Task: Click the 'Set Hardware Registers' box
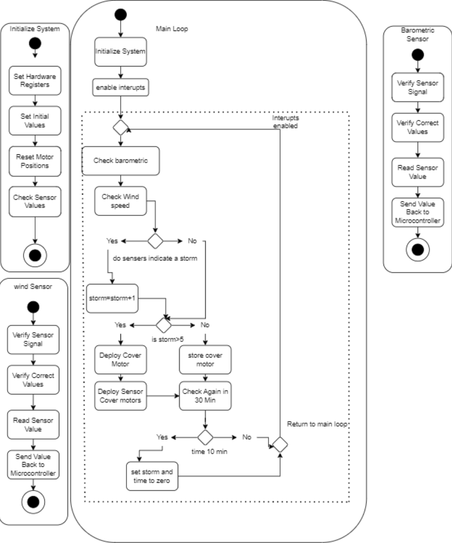35,80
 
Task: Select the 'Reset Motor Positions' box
35,161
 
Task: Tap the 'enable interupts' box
121,87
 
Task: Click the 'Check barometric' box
121,161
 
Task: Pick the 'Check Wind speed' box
121,201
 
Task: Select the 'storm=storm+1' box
112,298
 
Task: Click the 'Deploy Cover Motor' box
121,360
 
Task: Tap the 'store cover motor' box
205,360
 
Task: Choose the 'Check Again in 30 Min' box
205,396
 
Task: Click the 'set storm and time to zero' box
152,476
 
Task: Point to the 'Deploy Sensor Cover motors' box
121,396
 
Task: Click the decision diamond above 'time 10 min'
205,437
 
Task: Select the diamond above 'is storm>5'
164,325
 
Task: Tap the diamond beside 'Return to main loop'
280,445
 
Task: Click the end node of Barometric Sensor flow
418,250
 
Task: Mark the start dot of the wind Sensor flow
33,307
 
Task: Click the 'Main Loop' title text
172,29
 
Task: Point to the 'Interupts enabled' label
285,122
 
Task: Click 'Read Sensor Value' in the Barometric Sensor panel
418,172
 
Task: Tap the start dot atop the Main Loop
121,14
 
